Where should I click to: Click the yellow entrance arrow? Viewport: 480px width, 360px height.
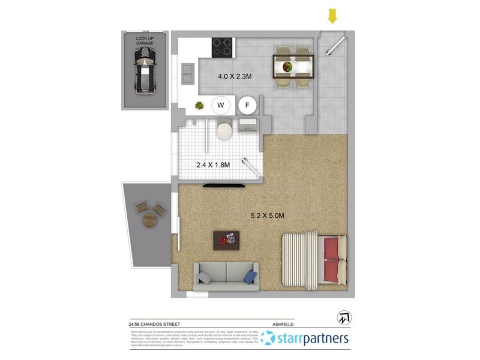(332, 15)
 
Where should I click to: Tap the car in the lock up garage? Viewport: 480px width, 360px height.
(144, 70)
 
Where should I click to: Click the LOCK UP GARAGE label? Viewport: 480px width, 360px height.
(144, 41)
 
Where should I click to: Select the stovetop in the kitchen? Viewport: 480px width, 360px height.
(223, 47)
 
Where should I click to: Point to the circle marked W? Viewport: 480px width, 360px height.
(221, 106)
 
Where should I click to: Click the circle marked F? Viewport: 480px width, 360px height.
(247, 106)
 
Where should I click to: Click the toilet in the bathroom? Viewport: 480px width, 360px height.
(224, 130)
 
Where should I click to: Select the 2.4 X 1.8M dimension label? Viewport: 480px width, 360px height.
(213, 164)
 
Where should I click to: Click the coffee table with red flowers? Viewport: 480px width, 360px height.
(226, 240)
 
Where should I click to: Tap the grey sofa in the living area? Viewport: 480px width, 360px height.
(226, 275)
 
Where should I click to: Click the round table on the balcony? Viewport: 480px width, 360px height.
(149, 220)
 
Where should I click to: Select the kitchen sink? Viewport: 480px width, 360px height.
(187, 73)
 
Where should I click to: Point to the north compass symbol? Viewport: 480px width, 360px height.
(345, 317)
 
